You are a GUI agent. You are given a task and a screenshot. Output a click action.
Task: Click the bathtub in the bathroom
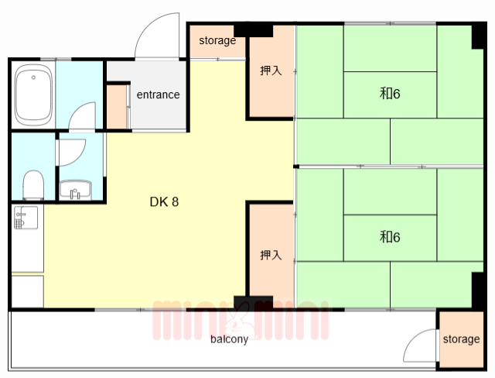tap(33, 94)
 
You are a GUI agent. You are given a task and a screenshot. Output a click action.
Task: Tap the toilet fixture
tap(33, 185)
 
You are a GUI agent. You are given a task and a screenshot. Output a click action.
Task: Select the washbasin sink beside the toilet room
tap(76, 191)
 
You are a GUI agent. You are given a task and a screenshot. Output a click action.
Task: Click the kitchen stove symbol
tap(26, 218)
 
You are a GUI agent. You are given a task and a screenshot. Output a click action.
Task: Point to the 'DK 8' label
tap(164, 202)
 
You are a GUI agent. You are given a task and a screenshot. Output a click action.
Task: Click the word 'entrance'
tap(158, 94)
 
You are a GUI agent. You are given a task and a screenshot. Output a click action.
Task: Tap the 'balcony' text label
tap(229, 339)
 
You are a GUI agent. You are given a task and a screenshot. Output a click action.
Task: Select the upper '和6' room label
tap(390, 94)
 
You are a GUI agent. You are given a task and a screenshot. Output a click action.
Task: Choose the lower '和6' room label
tap(390, 237)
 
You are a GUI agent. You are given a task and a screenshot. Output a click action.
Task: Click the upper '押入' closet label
tap(271, 70)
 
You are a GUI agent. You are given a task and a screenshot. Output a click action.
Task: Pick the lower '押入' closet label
tap(271, 255)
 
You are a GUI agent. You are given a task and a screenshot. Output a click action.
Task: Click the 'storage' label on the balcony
tap(461, 339)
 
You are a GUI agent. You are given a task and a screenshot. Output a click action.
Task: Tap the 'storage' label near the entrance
tap(217, 40)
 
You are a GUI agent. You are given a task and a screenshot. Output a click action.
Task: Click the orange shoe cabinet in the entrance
tap(117, 107)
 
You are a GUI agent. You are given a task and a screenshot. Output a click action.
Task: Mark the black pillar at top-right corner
tap(478, 36)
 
